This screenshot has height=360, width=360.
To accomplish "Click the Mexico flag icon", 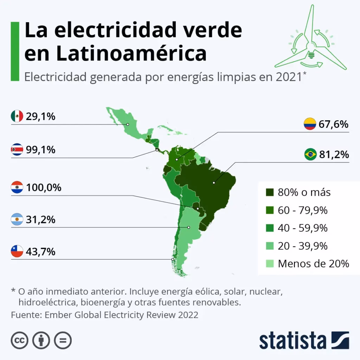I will [x=17, y=116].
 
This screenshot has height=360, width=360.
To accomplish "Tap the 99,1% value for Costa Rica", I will [x=41, y=150].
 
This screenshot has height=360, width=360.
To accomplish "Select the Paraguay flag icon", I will [x=17, y=187].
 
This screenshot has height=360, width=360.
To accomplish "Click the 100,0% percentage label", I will [x=44, y=187].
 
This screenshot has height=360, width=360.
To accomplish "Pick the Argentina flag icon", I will [x=17, y=220].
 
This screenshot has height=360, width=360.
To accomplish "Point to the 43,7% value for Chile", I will [x=41, y=252].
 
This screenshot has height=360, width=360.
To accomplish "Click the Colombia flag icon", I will [x=310, y=124].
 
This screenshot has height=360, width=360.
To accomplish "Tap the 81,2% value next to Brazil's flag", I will [x=333, y=154].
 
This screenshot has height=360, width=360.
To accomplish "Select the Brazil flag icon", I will [x=310, y=154].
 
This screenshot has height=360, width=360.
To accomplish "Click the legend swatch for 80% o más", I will [x=270, y=192].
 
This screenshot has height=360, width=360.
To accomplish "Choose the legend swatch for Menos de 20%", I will [x=270, y=263].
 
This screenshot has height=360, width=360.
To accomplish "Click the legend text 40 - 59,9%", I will [x=302, y=228].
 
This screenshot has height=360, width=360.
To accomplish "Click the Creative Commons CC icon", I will [x=20, y=340].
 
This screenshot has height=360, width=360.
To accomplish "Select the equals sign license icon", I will [x=63, y=340].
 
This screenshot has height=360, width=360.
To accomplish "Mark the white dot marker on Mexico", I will [x=128, y=124].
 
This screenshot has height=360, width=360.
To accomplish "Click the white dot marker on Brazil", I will [x=214, y=183].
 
